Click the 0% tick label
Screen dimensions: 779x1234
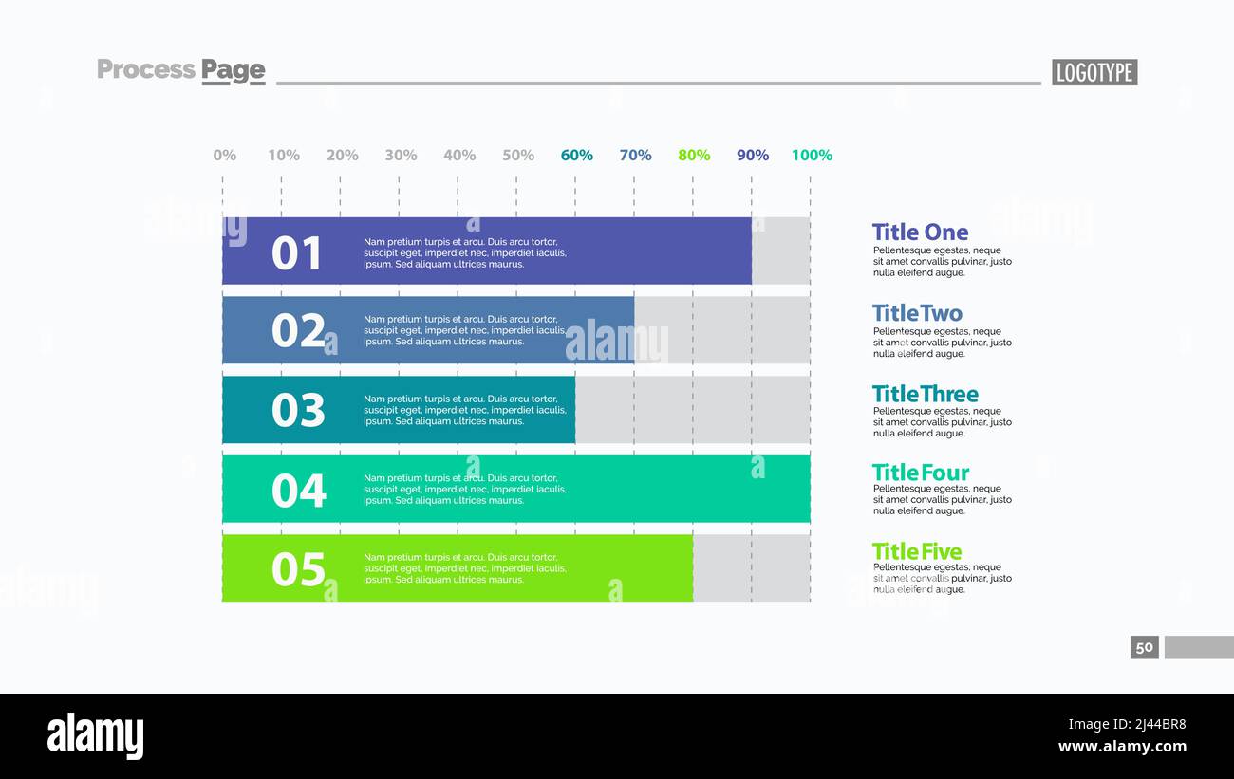[x=225, y=155]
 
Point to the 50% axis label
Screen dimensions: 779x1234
[x=518, y=155]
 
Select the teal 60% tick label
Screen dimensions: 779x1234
[x=577, y=155]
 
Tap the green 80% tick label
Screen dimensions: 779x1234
[x=694, y=155]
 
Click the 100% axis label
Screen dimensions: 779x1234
[x=812, y=155]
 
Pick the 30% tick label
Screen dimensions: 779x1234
[x=401, y=155]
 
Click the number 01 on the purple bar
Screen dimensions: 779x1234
[x=298, y=253]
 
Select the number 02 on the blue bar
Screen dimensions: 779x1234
[x=298, y=331]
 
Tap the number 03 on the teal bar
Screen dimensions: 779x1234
[x=298, y=410]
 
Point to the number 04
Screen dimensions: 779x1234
[x=298, y=491]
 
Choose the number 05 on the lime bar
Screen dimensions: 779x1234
[x=298, y=569]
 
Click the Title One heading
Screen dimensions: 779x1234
[x=920, y=232]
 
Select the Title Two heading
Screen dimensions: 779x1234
[x=917, y=313]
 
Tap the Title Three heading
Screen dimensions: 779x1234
[x=925, y=394]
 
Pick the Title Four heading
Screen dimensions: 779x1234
[x=921, y=473]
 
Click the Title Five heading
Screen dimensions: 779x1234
[x=917, y=551]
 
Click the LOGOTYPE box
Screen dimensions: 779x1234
[x=1094, y=72]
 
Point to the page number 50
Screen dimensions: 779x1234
[x=1145, y=647]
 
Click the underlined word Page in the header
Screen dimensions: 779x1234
[x=234, y=70]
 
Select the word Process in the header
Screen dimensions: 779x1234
[x=146, y=69]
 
